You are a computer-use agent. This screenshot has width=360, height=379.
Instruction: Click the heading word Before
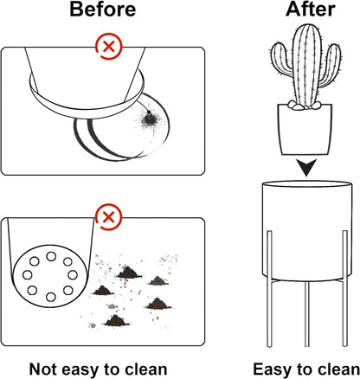coord(102,9)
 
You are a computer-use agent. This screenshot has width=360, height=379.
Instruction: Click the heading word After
coord(311,9)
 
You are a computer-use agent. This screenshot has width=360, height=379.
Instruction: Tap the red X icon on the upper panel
coord(109,46)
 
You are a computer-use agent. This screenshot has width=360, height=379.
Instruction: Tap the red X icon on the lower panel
coord(109,216)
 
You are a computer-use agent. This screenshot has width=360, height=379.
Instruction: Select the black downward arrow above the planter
coord(306,167)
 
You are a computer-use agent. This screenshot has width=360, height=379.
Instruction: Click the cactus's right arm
coord(331,65)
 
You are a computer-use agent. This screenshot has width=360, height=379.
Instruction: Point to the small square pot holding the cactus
coord(305,129)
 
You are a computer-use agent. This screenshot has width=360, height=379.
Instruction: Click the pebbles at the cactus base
coord(304,106)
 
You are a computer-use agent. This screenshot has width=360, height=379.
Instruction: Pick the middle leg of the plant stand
coord(307,314)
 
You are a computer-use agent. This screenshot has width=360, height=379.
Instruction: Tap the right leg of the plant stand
coord(344,288)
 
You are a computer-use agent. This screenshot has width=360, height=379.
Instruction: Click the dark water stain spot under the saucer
coord(149,119)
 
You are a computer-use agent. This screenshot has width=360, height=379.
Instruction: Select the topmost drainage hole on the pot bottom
coord(51,256)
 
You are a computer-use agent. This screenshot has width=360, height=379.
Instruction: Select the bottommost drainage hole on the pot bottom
coord(51,297)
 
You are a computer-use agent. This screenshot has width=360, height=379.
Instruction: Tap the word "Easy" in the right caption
coord(273,369)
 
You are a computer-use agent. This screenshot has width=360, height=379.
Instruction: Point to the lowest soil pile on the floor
coord(116,320)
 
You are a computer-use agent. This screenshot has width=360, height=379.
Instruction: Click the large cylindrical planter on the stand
coord(307,231)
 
